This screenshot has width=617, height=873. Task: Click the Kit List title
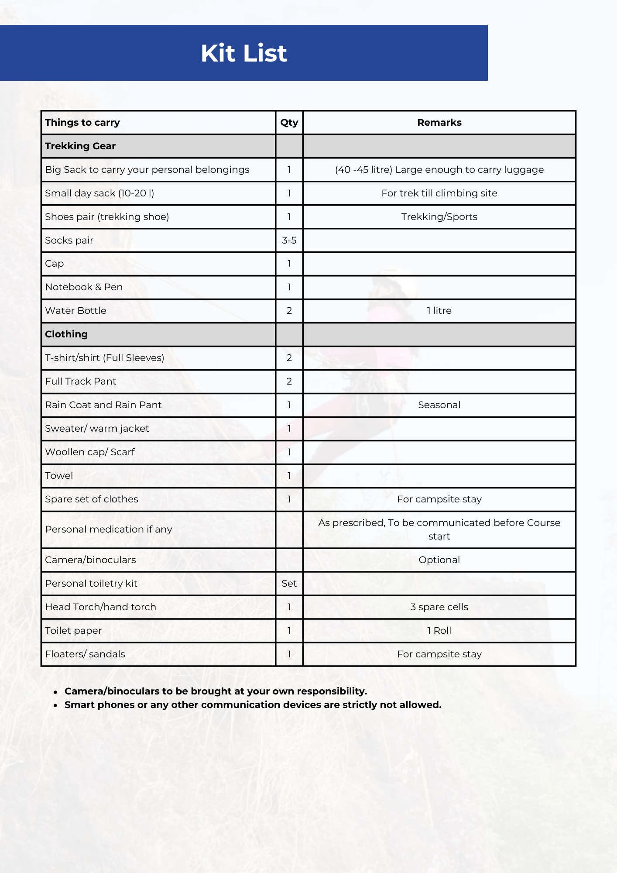tap(243, 53)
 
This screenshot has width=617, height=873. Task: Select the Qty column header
tap(289, 123)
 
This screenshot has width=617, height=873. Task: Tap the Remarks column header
tap(439, 123)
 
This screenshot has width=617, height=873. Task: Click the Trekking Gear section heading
tap(80, 146)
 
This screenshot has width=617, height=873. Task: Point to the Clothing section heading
tap(66, 334)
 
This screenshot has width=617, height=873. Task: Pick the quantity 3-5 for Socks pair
tap(289, 241)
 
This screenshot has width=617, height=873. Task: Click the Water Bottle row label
tap(75, 311)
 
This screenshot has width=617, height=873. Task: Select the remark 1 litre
tap(439, 311)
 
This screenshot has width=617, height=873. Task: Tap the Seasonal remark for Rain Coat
tap(439, 405)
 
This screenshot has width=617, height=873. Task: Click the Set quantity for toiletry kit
tap(289, 584)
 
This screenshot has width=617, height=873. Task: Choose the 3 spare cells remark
tap(439, 607)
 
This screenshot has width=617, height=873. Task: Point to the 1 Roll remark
tap(439, 631)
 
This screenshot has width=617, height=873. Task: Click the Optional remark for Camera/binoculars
tap(439, 560)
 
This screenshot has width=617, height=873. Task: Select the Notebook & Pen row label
tap(84, 287)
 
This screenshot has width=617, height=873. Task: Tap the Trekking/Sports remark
tap(439, 217)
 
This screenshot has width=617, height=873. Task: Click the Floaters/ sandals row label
tap(85, 654)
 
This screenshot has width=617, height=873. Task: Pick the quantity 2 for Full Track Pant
tap(289, 382)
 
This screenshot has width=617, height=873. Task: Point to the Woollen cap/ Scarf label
tap(90, 452)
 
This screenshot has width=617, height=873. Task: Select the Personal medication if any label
tap(109, 529)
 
